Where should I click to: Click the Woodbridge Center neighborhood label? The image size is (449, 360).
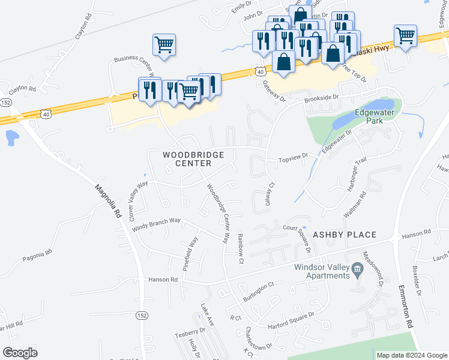pyautogui.click(x=194, y=159)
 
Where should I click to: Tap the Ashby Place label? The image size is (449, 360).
pyautogui.click(x=344, y=235)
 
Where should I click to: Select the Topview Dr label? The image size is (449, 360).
pyautogui.click(x=293, y=158)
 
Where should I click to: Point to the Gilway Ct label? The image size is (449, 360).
pyautogui.click(x=270, y=194)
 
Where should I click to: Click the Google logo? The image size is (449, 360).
pyautogui.click(x=20, y=353)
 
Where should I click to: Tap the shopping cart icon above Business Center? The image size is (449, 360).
pyautogui.click(x=164, y=44)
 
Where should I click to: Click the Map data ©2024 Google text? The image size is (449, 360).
pyautogui.click(x=412, y=355)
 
